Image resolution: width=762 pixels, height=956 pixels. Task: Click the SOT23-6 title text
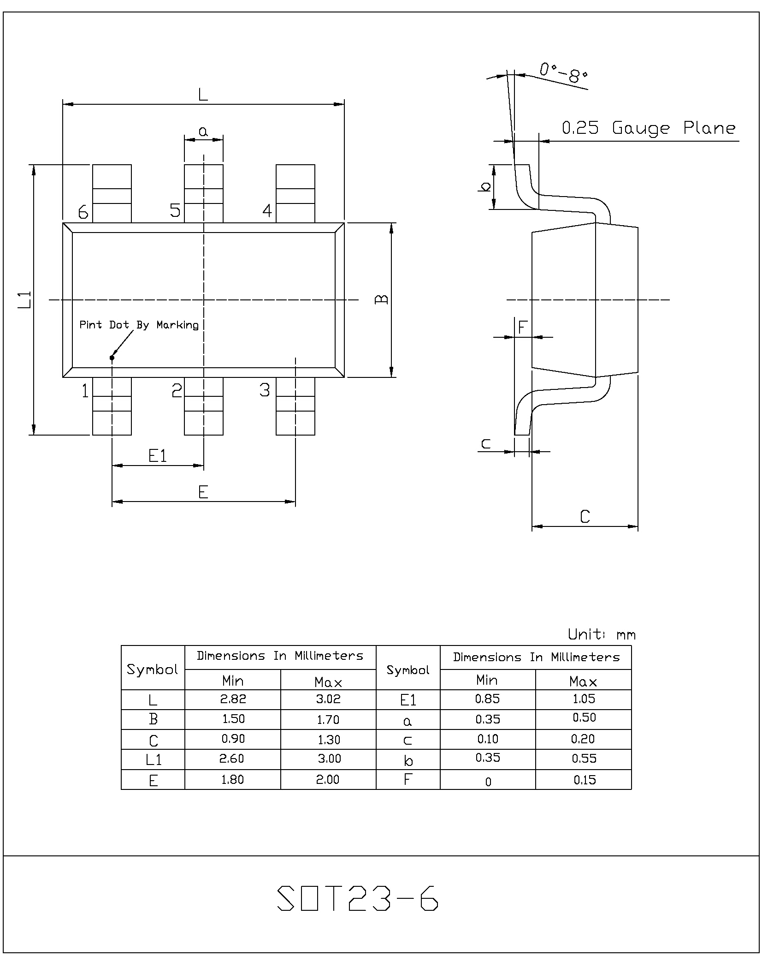pos(358,897)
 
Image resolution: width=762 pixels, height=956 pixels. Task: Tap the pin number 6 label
pos(83,212)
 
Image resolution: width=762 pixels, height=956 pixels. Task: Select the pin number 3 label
pos(265,390)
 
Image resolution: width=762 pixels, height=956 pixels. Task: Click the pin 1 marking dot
pos(112,357)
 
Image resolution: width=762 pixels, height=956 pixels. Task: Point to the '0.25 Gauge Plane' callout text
pos(649,128)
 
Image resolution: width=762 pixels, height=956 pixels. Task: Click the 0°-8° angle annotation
pos(563,73)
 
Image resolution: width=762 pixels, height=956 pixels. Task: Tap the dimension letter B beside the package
pos(381,299)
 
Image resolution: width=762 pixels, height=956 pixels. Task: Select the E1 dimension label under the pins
pos(158,456)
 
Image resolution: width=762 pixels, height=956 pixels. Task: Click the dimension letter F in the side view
pos(522,327)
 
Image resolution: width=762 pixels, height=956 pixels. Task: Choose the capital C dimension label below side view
pos(585,516)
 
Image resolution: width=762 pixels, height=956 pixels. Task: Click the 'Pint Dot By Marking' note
pos(139,325)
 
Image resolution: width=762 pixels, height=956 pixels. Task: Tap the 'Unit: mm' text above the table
pos(602,634)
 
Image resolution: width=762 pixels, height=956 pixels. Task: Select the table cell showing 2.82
pos(233,699)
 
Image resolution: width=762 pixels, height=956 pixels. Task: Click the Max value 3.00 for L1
pos(329,759)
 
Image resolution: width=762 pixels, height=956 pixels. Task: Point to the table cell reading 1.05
pos(584,699)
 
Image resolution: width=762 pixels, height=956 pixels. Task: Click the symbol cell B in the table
pos(153,719)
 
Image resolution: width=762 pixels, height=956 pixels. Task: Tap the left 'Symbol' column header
pos(153,669)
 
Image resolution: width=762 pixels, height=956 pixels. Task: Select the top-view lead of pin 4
pos(295,193)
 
